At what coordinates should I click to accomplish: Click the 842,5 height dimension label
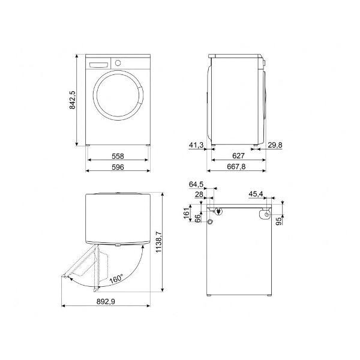[72, 100]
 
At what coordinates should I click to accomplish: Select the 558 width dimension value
[118, 156]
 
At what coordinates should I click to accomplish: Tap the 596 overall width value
[118, 167]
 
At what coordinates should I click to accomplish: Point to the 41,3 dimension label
[196, 145]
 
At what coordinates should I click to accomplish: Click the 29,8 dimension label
[275, 145]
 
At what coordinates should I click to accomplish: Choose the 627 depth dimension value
[238, 155]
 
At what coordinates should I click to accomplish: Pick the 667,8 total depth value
[236, 166]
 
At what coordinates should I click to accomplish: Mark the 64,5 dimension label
[196, 184]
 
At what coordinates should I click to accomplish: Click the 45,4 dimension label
[256, 194]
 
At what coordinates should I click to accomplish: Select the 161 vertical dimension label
[187, 213]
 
